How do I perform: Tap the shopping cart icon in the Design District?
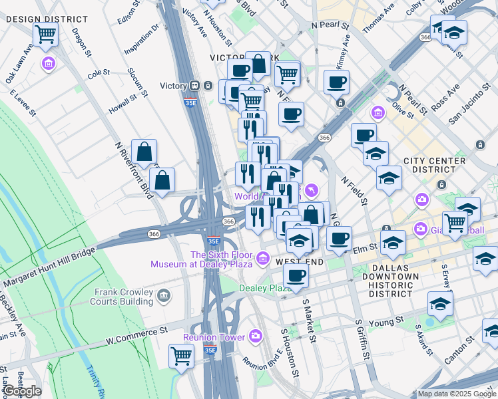click(45, 34)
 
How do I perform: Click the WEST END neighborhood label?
click(300, 263)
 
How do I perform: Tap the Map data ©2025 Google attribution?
click(456, 394)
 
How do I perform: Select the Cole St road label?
click(98, 72)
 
